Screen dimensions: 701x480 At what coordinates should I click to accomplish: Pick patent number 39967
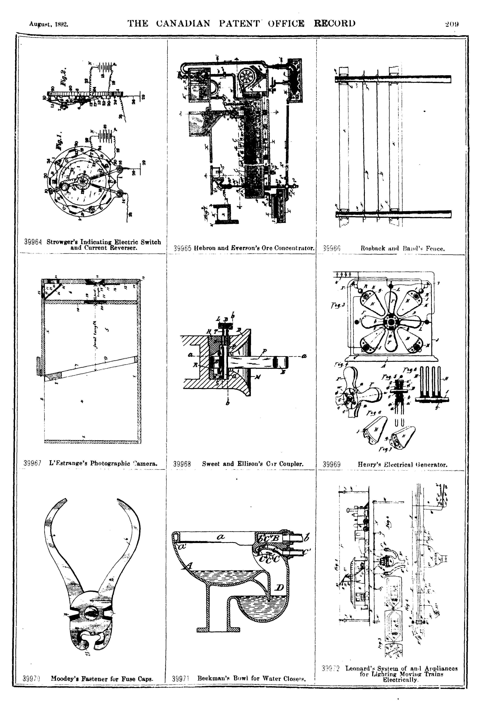coord(32,463)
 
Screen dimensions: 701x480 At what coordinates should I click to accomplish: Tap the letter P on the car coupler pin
coord(264,351)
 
